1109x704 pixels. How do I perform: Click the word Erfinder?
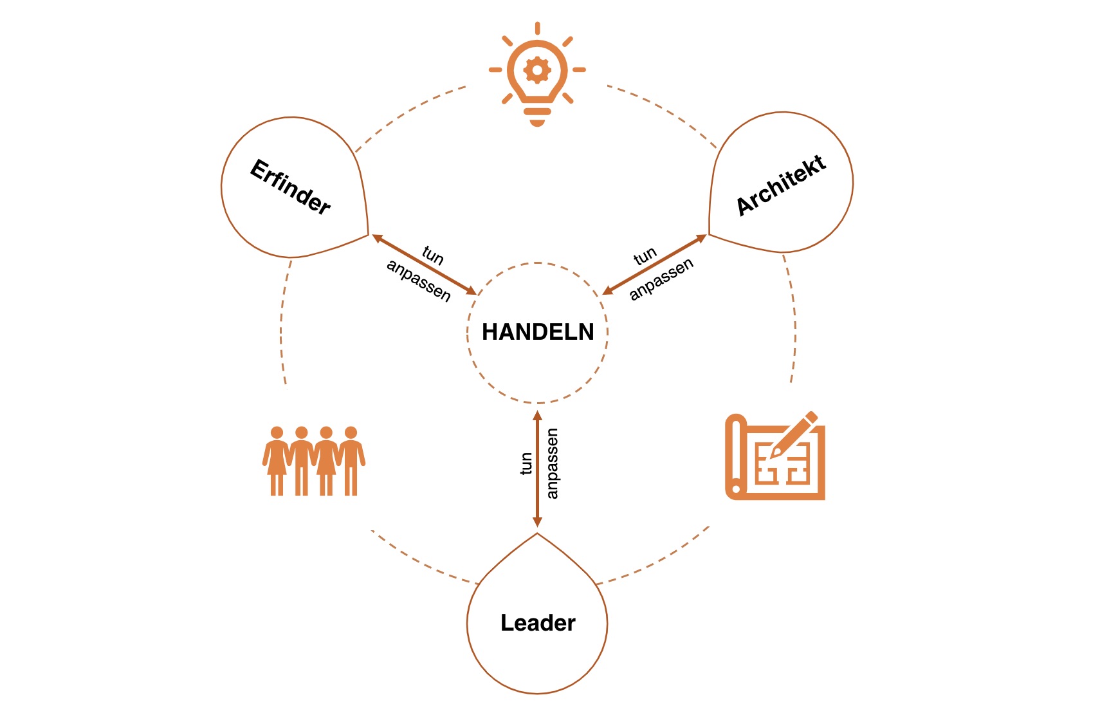(290, 187)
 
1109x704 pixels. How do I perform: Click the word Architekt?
(781, 185)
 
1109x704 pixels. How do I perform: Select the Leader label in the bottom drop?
(538, 623)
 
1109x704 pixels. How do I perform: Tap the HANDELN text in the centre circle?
(538, 332)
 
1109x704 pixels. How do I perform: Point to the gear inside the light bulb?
(537, 69)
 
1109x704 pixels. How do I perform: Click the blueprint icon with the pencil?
(774, 457)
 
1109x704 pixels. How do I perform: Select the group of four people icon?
(314, 461)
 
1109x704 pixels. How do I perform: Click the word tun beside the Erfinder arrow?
(433, 255)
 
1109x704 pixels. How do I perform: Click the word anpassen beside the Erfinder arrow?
(419, 280)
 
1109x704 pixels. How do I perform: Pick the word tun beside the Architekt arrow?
(645, 257)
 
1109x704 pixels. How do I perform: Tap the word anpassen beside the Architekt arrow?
(661, 279)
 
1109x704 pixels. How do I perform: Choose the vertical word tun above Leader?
(526, 463)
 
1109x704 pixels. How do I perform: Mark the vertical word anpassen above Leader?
(552, 463)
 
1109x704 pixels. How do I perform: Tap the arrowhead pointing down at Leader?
(537, 522)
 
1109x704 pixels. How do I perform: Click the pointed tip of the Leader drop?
(537, 534)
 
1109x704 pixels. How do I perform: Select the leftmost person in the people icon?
(277, 461)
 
